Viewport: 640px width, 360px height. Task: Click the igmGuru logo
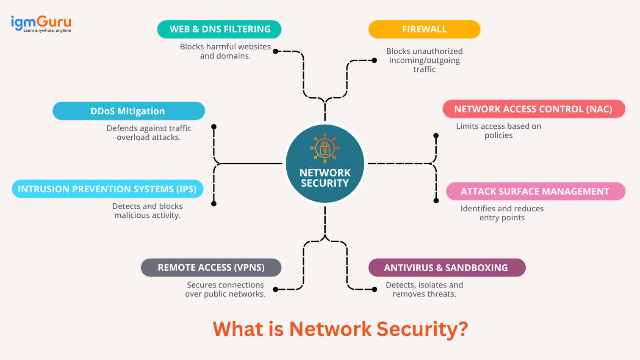(x=41, y=23)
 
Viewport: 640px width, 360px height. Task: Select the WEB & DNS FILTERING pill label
(x=219, y=29)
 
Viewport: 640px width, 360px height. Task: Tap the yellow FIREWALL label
(x=424, y=29)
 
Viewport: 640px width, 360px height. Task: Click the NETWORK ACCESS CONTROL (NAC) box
(x=534, y=109)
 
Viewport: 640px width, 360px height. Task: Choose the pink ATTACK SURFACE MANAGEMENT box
(x=535, y=191)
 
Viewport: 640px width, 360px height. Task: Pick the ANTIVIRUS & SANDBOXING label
(x=446, y=268)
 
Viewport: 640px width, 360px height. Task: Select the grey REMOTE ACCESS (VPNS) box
(x=211, y=268)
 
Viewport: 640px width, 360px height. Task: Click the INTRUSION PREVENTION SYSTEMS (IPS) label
(x=107, y=189)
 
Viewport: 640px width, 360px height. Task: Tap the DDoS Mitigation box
(x=128, y=111)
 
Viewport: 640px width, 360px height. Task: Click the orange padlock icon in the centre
(x=325, y=148)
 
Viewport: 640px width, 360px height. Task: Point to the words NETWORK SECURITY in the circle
(x=325, y=178)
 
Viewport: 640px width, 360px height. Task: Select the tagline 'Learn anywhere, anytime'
(x=47, y=30)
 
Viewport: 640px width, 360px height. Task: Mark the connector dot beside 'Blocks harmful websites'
(x=276, y=51)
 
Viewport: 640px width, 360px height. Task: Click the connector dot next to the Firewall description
(x=374, y=61)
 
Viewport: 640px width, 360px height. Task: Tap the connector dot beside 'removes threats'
(x=374, y=290)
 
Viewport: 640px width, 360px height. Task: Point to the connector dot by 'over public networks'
(x=276, y=290)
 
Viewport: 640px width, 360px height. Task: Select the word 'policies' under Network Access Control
(x=499, y=136)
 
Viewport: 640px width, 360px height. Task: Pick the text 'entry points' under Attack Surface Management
(x=502, y=218)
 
